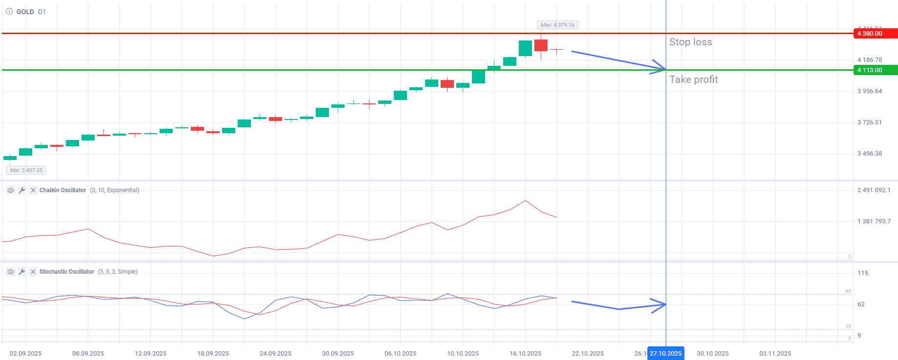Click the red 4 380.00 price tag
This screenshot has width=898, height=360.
[875, 34]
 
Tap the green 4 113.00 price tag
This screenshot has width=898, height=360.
[875, 70]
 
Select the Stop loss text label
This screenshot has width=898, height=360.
[690, 42]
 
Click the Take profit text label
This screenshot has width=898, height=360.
[693, 80]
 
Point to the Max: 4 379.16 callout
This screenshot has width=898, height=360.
[557, 25]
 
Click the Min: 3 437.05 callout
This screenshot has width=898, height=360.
[26, 170]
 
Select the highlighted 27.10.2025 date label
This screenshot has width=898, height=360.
[665, 353]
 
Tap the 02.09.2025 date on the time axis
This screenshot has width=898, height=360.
[25, 353]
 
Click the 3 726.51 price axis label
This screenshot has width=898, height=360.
[869, 122]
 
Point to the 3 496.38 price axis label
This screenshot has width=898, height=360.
[869, 154]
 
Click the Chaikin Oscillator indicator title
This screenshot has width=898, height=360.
[62, 190]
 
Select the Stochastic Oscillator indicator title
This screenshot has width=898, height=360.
[66, 272]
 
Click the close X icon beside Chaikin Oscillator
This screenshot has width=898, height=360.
[33, 190]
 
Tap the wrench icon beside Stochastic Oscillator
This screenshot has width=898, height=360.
[22, 272]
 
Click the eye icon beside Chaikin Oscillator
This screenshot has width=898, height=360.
[10, 190]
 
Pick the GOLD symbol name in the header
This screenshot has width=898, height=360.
[25, 12]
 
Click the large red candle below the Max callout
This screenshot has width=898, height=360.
[541, 45]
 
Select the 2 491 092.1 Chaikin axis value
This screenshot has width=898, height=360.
[874, 190]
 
